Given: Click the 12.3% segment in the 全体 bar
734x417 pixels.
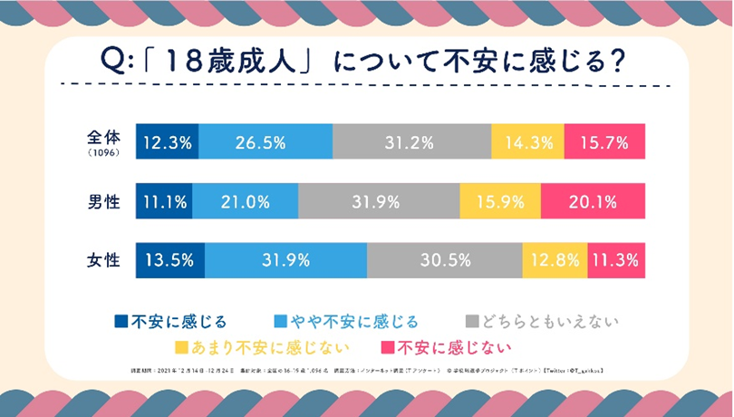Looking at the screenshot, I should point(167,142).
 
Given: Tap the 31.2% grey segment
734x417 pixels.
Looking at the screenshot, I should point(411,142).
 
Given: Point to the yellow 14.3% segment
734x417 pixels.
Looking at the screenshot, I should point(527,142).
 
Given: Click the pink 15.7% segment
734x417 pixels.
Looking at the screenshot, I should point(604,142).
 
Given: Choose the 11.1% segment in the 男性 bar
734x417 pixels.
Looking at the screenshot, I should point(164,201).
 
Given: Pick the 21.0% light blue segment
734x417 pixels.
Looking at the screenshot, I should point(245,201).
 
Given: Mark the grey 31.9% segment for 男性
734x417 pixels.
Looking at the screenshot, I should point(379,201).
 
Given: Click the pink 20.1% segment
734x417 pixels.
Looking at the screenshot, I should point(593,201).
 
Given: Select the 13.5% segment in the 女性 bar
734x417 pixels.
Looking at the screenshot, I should point(170,261).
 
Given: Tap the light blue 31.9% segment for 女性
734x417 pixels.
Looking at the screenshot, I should point(286,261).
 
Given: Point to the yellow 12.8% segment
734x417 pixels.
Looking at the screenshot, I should point(555,261).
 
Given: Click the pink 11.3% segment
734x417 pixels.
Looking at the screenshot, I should point(616,261).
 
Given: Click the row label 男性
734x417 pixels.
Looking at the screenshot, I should point(102,201).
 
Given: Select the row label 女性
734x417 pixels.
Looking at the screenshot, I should point(102,261).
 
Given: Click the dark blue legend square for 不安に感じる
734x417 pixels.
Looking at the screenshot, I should point(121,320).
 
